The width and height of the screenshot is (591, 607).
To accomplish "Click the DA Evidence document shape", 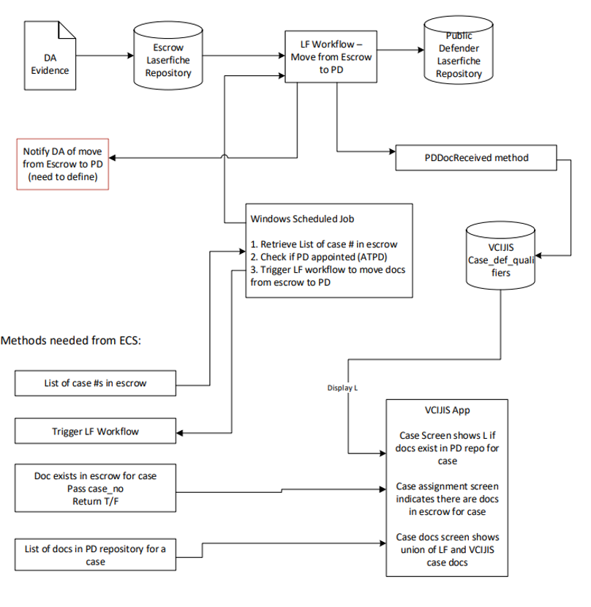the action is [50, 56].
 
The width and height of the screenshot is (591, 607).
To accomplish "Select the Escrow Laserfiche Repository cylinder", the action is [168, 56].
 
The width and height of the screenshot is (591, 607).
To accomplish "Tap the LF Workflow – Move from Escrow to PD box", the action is [331, 56].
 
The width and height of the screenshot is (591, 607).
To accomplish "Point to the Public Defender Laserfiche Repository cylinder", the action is [459, 50].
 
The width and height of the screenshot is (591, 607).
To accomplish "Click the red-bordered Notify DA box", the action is [63, 164].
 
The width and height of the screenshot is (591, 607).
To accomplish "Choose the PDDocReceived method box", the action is [476, 157].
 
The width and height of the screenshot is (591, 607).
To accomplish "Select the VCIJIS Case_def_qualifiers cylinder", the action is [500, 255].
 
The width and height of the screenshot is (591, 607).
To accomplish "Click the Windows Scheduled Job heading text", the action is [302, 219].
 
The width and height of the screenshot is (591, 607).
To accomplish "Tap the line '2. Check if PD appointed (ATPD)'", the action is [319, 257].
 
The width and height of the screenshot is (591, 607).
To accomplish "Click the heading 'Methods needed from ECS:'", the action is [71, 340].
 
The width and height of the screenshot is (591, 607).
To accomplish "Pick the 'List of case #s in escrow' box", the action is [95, 383].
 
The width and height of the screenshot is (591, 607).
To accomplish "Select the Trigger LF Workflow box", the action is [95, 431].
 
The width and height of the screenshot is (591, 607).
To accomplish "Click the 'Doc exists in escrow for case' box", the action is [95, 488].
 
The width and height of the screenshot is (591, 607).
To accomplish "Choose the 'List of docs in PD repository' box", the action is [95, 555].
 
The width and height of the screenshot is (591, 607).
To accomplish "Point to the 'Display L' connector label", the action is [342, 388].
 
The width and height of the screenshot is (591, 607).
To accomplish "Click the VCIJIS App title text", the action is [448, 410].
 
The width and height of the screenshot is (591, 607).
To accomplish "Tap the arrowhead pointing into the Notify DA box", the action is [113, 158].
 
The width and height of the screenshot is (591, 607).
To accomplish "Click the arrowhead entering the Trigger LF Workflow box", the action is [180, 433].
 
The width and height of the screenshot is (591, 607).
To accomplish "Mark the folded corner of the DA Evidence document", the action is [67, 30].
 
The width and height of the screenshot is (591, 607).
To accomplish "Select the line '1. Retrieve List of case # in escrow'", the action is [324, 244].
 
